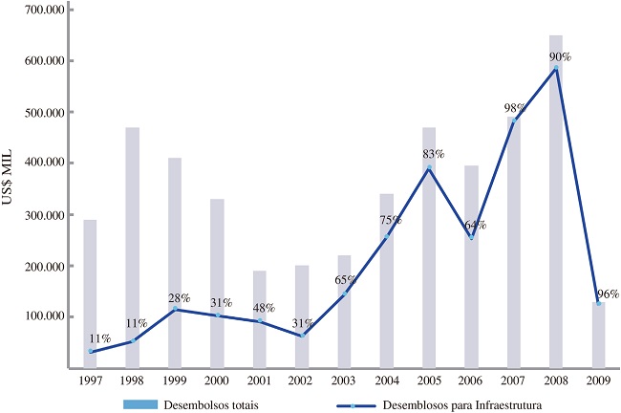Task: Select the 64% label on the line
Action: pos(475,226)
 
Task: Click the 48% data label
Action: pos(263,308)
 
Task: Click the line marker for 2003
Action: pos(344,293)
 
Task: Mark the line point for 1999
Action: pos(175,309)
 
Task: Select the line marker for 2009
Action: pos(598,303)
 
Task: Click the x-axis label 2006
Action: pos(471,381)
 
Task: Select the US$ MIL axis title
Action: pos(16,187)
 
